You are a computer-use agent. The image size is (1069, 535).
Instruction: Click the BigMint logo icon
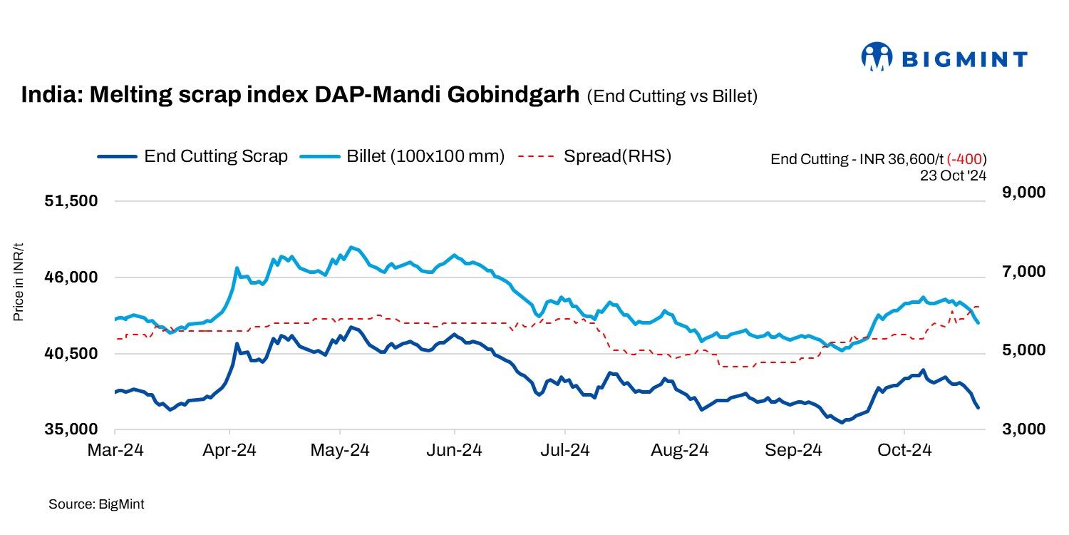[877, 57]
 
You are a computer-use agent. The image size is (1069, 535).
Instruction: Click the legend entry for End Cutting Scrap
[193, 156]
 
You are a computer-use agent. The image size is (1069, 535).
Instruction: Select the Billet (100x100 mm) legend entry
[403, 156]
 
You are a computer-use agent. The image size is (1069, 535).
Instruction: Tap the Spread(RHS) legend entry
[595, 156]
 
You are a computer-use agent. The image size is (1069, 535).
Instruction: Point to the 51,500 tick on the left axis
[71, 201]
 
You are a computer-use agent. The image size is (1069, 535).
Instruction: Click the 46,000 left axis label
[71, 277]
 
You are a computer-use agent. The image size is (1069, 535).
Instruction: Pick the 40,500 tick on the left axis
[71, 354]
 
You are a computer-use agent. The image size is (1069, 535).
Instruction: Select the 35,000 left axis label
[71, 430]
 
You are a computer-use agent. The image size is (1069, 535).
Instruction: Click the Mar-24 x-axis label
[115, 451]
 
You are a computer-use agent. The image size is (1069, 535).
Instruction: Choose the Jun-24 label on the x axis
[455, 451]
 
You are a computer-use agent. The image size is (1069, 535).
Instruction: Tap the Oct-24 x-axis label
[904, 451]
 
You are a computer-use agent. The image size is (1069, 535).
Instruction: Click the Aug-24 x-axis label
[679, 451]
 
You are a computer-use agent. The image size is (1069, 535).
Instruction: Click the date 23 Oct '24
[953, 175]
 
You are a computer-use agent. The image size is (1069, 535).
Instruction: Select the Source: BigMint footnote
[96, 504]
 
